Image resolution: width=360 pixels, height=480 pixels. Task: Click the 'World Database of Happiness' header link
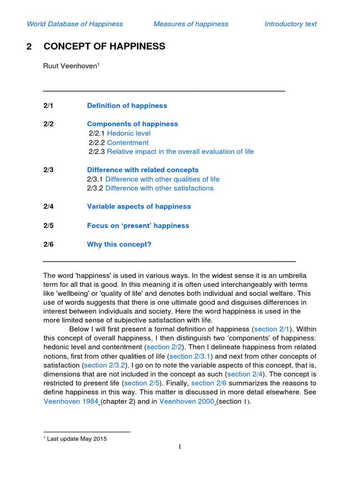pos(75,24)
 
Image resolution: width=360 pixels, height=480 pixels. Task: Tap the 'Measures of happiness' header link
pos(191,24)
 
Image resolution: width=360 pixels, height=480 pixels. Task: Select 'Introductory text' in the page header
pos(291,24)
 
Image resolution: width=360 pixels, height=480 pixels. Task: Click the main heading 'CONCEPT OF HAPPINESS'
pos(104,46)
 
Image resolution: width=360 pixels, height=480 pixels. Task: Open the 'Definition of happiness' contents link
pos(127,105)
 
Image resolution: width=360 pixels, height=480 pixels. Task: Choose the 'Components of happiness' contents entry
pos(133,124)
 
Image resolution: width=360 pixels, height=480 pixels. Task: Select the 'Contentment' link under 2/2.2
pos(127,142)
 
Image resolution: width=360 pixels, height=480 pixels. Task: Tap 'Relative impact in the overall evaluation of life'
pos(180,151)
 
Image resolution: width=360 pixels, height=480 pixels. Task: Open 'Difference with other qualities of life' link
pos(162,179)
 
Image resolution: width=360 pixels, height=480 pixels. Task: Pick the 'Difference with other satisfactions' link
pos(159,188)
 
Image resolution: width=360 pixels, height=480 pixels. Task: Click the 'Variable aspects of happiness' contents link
pos(139,206)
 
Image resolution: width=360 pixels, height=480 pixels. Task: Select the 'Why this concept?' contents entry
pos(119,244)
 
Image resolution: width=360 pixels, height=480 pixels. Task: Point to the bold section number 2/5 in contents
pos(48,225)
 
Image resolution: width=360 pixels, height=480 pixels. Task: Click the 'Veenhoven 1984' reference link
pos(71,401)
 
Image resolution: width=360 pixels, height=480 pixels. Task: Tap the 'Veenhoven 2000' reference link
pos(187,401)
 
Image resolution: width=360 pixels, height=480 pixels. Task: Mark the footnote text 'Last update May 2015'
pos(77,439)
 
